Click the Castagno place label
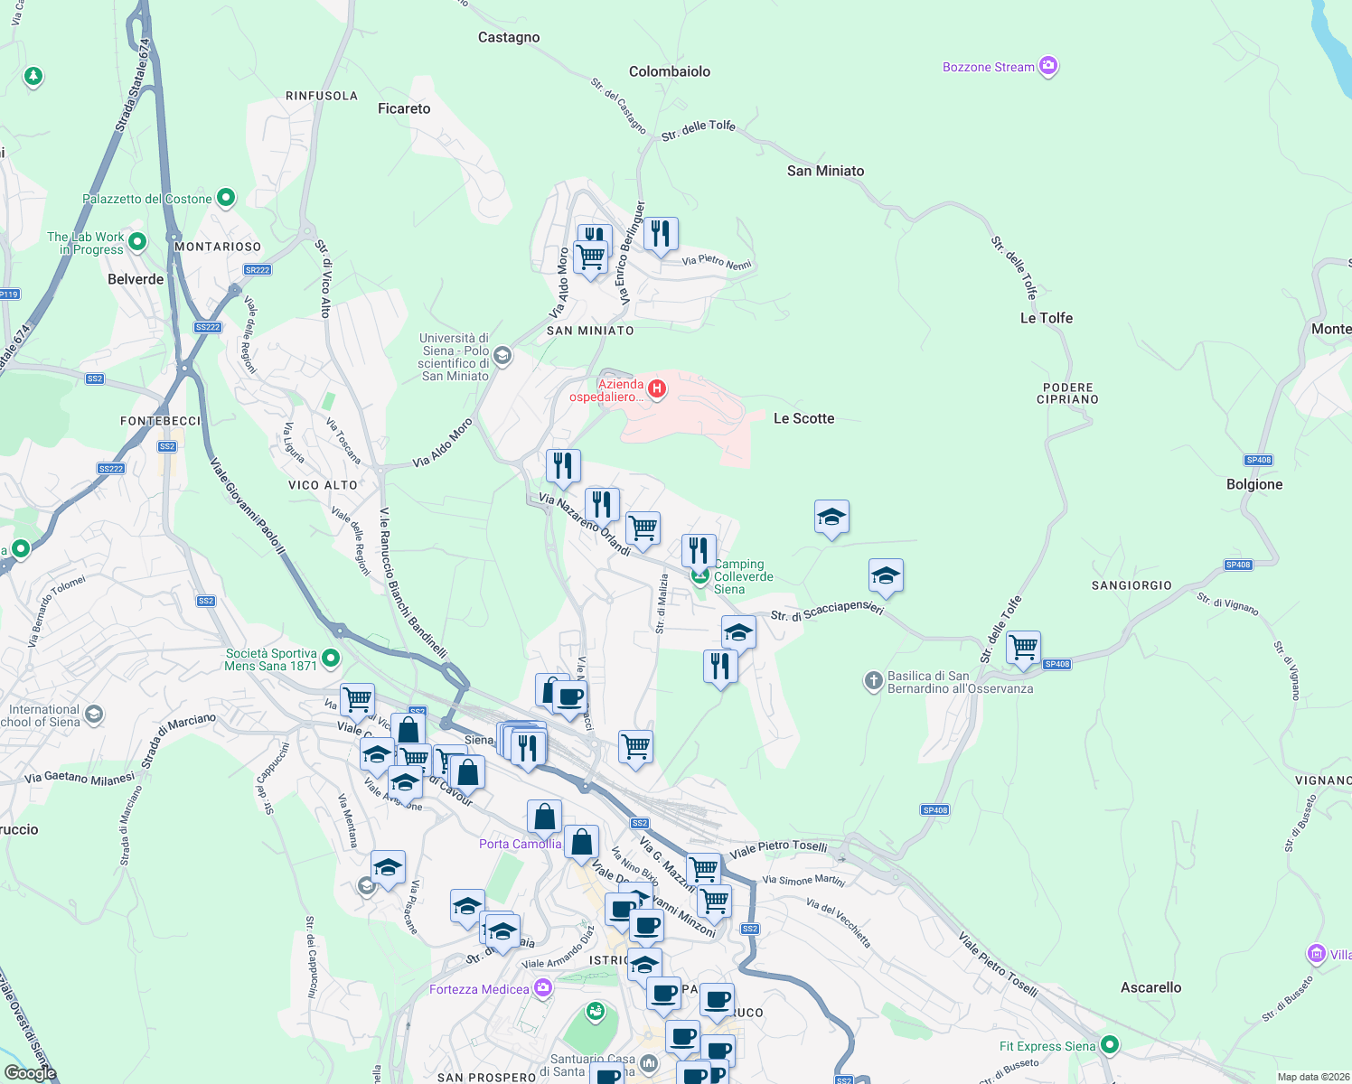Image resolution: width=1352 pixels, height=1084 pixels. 509,37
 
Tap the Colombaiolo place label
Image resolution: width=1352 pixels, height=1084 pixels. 670,71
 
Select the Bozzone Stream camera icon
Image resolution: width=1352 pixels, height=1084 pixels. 1048,66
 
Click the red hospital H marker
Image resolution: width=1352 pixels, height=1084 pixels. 657,389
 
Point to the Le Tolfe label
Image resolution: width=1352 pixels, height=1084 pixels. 1047,318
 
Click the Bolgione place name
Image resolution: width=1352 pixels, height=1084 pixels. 1254,484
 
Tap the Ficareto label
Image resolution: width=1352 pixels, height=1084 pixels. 404,108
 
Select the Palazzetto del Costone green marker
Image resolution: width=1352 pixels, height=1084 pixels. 226,197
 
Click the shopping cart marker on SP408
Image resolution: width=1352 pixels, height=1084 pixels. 1023,648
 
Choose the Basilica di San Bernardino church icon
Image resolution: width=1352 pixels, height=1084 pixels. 873,681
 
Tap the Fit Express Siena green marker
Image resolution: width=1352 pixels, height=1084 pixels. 1110,1045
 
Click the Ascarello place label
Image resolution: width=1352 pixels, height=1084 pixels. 1150,987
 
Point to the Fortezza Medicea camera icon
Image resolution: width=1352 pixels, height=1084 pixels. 542,988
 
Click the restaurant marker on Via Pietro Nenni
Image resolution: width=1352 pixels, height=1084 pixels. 661,235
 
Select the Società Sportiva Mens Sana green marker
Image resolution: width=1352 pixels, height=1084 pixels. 331,659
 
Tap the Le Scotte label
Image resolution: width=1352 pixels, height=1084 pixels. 803,418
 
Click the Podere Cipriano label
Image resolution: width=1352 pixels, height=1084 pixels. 1067,393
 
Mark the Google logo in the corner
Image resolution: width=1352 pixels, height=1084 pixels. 30,1072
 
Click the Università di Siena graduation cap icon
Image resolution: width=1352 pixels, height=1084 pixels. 502,356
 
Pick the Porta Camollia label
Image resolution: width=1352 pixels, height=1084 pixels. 520,844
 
